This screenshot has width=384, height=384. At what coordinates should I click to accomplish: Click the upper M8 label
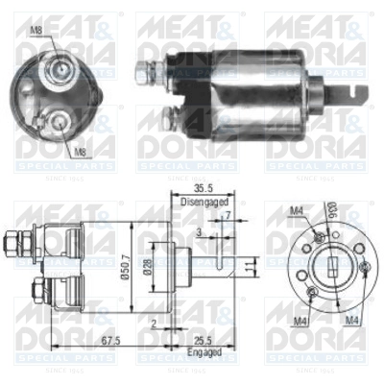coord(36,31)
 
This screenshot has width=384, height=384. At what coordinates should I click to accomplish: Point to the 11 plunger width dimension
coord(248,266)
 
